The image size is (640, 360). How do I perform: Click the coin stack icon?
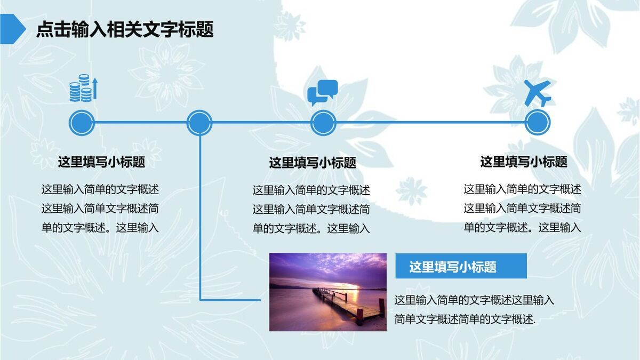point(81,90)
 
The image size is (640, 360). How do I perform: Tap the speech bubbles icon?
point(322,93)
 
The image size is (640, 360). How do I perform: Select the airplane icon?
point(537,93)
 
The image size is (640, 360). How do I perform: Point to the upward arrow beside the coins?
point(95,88)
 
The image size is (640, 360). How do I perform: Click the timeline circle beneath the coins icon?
point(82,123)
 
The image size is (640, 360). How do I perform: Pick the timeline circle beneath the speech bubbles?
point(323,123)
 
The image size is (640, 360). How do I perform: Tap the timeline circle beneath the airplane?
point(537,123)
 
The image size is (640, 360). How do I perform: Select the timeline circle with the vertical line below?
point(199,123)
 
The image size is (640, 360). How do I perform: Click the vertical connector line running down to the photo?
point(200,224)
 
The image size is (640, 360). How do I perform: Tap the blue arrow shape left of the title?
point(12,28)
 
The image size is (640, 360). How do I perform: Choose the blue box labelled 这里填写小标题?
point(461,266)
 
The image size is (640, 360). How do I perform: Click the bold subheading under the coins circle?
point(101,162)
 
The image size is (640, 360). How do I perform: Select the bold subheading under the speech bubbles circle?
point(313,162)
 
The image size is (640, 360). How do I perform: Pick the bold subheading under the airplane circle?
point(524,161)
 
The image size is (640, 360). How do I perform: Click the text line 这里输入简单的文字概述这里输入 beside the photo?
point(474,300)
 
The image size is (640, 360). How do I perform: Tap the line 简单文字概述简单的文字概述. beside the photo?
point(465,319)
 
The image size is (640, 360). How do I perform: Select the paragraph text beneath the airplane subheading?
point(522,208)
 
